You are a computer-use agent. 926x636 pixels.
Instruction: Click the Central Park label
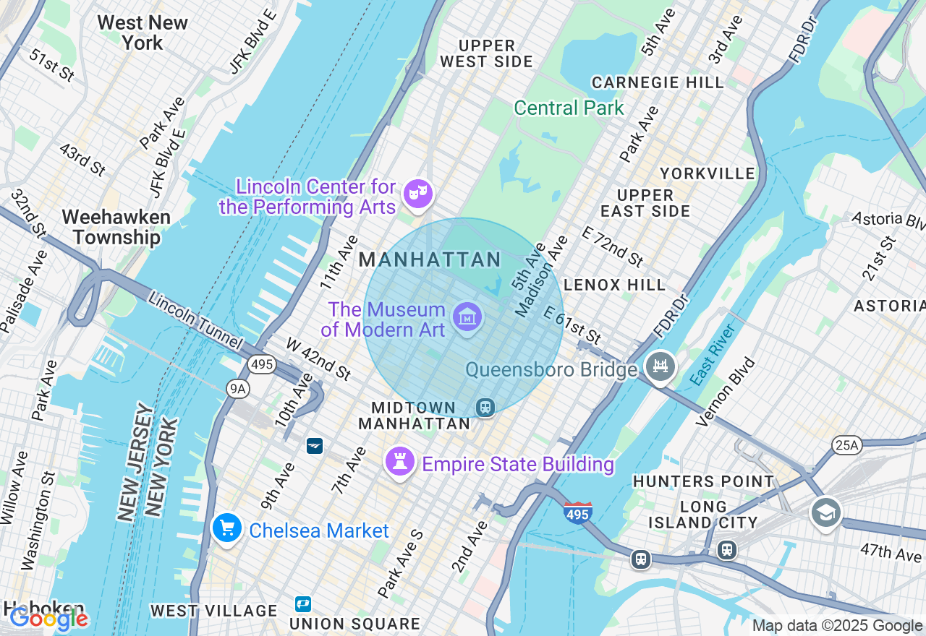(569, 108)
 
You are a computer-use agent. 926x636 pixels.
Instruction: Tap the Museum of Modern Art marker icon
(467, 317)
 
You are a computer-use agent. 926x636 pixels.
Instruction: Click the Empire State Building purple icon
(399, 461)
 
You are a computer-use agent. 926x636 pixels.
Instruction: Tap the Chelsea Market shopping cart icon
(226, 528)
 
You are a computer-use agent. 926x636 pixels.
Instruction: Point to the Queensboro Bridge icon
(660, 366)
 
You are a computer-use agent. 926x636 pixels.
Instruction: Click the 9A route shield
(237, 389)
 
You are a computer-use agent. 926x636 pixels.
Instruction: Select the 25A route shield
(846, 444)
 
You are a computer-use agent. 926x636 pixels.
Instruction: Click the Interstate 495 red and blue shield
(577, 512)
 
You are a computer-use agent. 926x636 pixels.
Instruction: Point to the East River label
(713, 354)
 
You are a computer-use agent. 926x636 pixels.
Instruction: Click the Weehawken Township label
(116, 227)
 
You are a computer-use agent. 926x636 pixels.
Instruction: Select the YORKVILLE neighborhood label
(708, 174)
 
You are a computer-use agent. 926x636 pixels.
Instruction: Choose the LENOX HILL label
(614, 285)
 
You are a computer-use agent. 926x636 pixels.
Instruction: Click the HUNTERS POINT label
(703, 481)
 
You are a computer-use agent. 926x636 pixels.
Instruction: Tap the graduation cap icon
(825, 512)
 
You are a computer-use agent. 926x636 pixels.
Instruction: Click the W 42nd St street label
(318, 358)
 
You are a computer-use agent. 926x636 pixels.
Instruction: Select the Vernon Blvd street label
(725, 392)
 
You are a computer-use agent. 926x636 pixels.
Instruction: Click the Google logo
(48, 618)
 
